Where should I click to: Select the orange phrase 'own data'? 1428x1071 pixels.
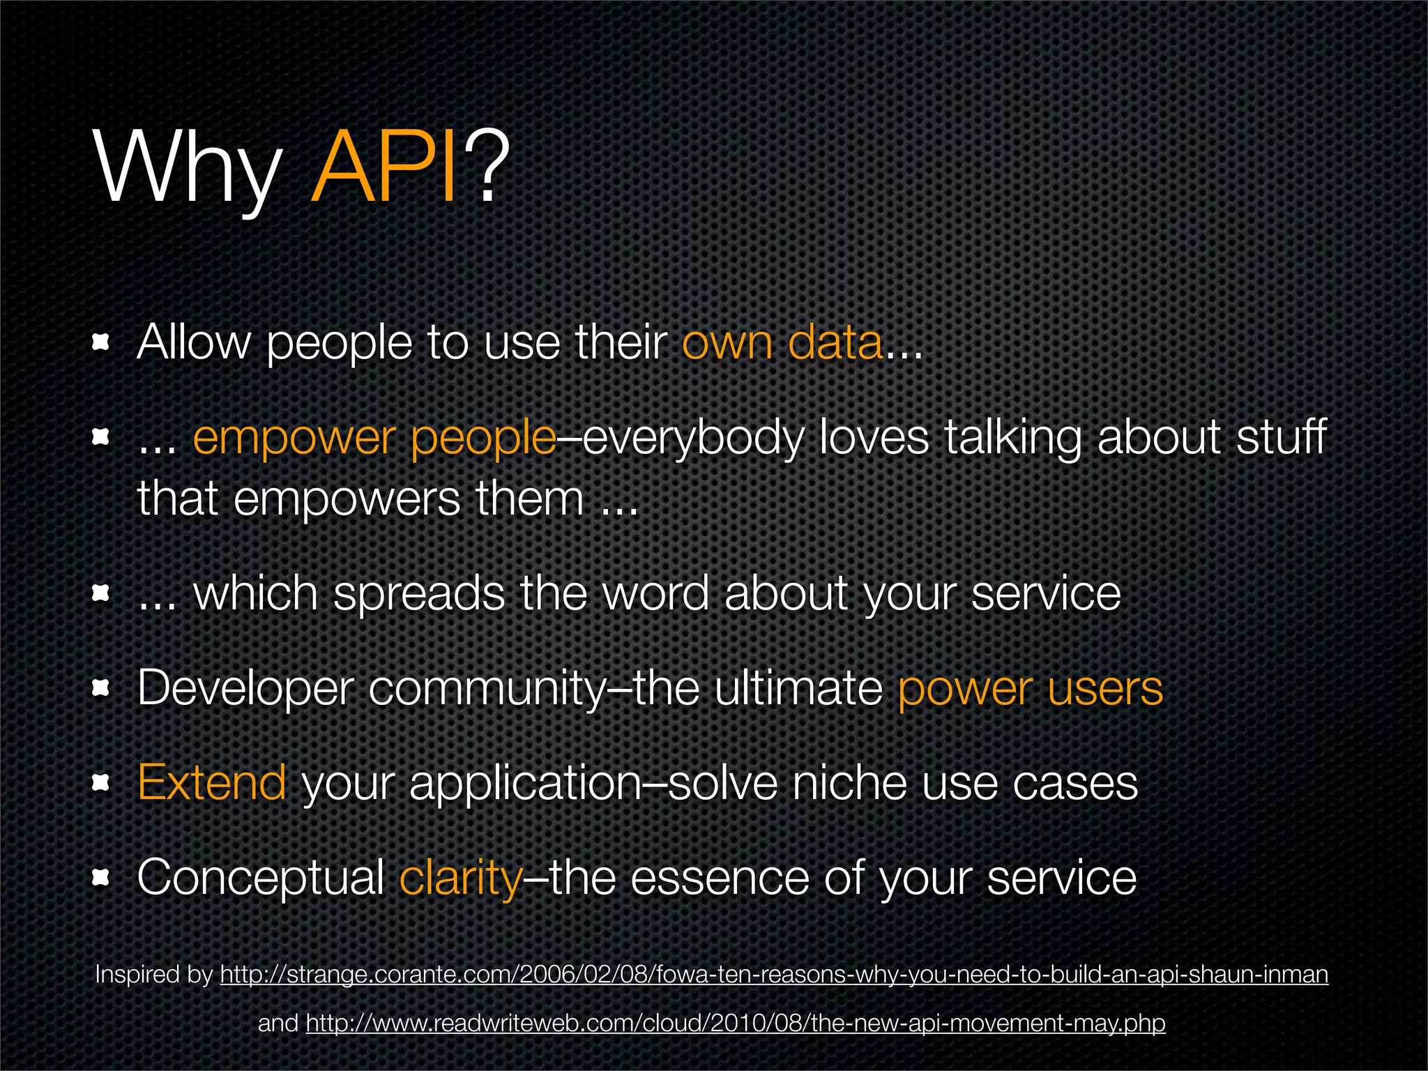click(782, 343)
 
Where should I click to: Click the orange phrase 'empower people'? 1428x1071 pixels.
click(374, 439)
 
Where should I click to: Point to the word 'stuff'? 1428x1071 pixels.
click(1281, 437)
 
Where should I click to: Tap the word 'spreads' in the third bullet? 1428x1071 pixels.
click(418, 594)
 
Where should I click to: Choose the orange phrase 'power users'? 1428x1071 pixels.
click(1030, 689)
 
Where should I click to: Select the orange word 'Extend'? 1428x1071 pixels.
click(211, 782)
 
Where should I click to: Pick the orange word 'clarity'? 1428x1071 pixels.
click(460, 878)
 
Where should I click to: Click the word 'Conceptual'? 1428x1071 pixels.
click(261, 878)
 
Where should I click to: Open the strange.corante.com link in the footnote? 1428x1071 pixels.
click(774, 974)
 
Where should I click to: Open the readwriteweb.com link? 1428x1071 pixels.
click(736, 1023)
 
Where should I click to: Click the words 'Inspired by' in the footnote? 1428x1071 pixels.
click(153, 974)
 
